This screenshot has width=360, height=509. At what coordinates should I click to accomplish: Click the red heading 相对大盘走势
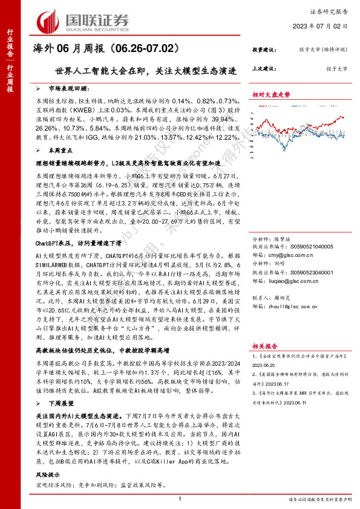(x=272, y=95)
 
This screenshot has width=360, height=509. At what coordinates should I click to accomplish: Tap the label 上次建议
(x=265, y=70)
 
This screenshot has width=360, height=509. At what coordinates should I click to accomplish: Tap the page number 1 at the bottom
(x=180, y=499)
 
